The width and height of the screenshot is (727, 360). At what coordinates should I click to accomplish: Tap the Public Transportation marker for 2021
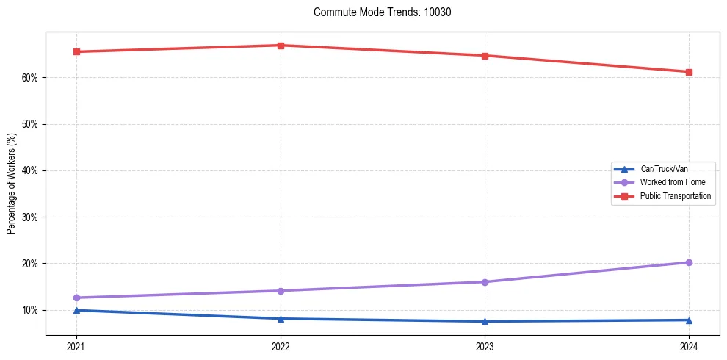[76, 51]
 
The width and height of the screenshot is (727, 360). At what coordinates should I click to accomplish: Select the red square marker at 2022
[281, 46]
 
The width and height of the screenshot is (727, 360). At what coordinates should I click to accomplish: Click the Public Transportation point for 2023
[485, 56]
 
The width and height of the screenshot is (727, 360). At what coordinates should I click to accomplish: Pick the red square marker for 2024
[689, 72]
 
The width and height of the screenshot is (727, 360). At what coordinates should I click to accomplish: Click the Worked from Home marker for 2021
[76, 298]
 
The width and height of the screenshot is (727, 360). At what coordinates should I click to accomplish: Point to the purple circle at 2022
[281, 291]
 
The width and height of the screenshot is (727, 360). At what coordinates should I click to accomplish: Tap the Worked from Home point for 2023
[485, 282]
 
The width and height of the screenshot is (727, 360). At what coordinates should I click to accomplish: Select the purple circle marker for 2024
[689, 262]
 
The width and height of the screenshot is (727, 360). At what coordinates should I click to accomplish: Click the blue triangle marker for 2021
[76, 310]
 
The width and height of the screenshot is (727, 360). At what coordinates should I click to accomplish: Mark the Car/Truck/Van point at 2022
[281, 318]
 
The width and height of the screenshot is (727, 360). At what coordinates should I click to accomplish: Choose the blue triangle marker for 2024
[689, 320]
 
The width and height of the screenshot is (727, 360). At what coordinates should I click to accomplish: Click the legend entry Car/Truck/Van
[664, 169]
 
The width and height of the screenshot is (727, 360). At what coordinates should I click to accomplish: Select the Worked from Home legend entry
[672, 182]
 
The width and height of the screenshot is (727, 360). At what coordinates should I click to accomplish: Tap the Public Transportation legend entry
[675, 196]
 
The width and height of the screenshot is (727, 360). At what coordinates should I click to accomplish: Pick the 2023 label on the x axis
[485, 346]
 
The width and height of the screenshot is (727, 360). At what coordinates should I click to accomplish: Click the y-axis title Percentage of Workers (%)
[11, 183]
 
